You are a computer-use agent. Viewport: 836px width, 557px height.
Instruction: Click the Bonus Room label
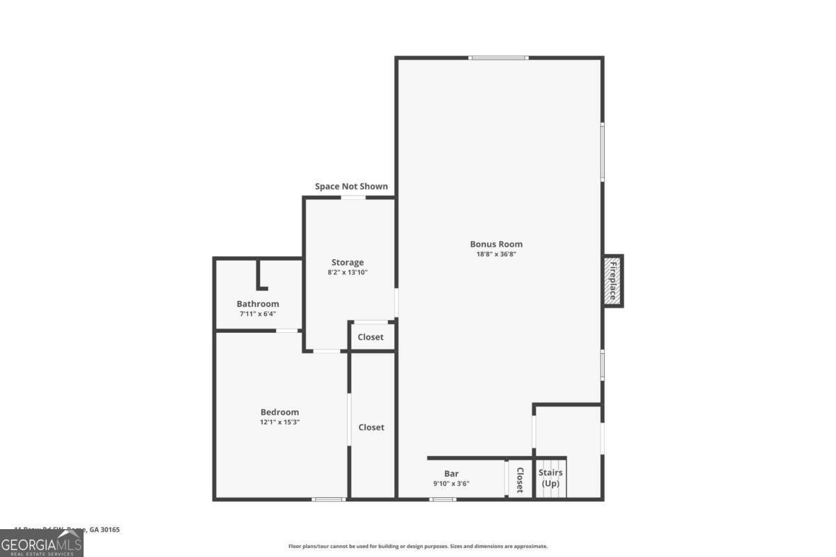[x=496, y=244]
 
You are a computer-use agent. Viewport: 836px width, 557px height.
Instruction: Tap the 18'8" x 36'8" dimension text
[x=496, y=255]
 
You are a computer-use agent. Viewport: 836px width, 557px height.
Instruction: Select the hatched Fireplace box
[x=612, y=281]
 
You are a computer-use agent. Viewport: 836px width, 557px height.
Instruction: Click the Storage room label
[x=347, y=262]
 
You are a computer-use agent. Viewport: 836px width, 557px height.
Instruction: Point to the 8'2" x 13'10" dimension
[x=347, y=273]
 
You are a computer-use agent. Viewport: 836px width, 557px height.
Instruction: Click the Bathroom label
[x=258, y=304]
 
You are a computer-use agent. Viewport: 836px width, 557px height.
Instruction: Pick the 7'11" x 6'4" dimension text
[x=258, y=314]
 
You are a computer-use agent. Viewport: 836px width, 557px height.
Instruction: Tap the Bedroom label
[x=279, y=412]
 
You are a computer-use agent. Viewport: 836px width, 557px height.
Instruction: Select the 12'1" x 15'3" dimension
[x=279, y=423]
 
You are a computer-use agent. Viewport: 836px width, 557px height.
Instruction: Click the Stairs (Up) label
[x=550, y=478]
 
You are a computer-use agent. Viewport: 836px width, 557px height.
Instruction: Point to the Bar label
[x=451, y=473]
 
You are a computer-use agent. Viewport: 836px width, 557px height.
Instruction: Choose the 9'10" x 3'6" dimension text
[x=451, y=484]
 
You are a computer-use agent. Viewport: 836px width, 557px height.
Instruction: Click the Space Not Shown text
[x=351, y=187]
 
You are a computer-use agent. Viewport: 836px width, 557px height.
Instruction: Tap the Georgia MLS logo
[x=42, y=543]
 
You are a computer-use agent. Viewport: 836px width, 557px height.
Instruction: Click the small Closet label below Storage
[x=371, y=337]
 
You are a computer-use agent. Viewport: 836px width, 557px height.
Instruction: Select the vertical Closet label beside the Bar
[x=520, y=479]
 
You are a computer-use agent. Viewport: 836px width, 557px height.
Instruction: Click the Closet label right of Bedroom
[x=371, y=427]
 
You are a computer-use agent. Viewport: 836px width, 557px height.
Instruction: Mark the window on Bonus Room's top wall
[x=498, y=58]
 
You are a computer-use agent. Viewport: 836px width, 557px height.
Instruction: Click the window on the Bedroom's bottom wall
[x=328, y=499]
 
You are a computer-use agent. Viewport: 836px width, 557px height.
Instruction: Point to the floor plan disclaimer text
[x=418, y=547]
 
